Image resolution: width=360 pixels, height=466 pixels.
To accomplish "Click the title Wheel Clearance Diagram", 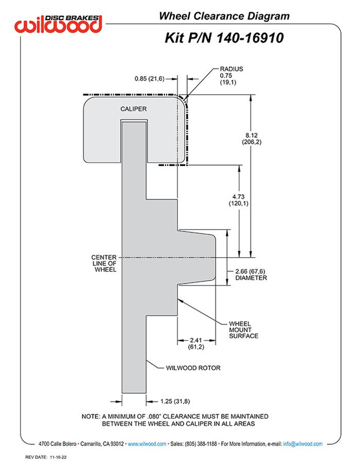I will [x=224, y=16].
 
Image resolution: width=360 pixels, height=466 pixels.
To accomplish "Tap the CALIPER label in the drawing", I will [x=134, y=109].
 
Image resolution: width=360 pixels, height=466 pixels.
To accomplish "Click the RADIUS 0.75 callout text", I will [x=231, y=76].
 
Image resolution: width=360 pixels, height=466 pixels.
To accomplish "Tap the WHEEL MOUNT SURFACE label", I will [x=244, y=330].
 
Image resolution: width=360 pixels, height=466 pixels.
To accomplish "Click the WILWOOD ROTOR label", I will [x=193, y=368].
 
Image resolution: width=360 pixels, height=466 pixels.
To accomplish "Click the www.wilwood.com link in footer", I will [x=147, y=443].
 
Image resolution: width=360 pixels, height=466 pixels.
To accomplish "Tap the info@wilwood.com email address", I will [x=303, y=443].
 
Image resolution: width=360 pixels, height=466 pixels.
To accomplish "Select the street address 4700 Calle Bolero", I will [x=57, y=443].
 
